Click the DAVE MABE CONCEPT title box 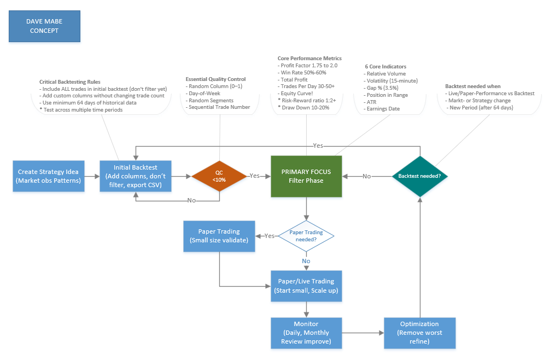(x=44, y=26)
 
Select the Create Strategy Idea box (x=49, y=176)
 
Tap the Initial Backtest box (x=136, y=176)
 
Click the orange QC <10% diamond (x=219, y=176)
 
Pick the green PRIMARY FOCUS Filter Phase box (x=306, y=176)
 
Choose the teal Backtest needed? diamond (x=419, y=176)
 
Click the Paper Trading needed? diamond (x=306, y=236)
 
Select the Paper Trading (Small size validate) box (x=219, y=236)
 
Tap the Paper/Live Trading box (x=306, y=286)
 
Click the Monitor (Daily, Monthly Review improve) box (x=306, y=333)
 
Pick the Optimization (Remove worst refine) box (x=419, y=333)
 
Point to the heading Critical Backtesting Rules (x=69, y=82)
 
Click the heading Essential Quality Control (x=215, y=79)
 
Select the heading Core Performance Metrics (x=309, y=59)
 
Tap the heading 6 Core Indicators (x=385, y=67)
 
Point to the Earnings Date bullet (x=383, y=108)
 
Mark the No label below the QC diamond (x=191, y=201)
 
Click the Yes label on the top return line (x=318, y=146)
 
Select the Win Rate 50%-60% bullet (x=304, y=72)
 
